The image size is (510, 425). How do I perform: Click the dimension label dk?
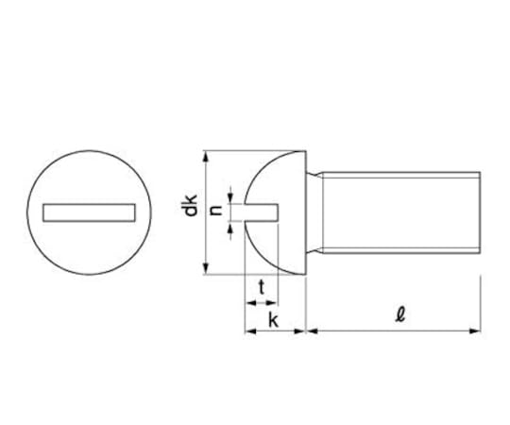coord(190,205)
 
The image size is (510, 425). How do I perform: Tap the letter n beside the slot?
coord(216,211)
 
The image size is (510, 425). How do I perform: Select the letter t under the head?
coord(262,287)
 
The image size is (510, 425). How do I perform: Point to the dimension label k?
coord(273,320)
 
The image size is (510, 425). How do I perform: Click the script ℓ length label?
coord(400,314)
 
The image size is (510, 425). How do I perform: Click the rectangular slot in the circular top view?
coord(89,212)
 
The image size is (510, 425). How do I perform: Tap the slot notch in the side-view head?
coord(262,212)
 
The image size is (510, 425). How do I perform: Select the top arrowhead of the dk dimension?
coord(205,158)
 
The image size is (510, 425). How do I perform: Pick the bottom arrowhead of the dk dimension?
coord(205,268)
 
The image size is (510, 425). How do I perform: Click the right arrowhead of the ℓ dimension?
coord(474,331)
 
